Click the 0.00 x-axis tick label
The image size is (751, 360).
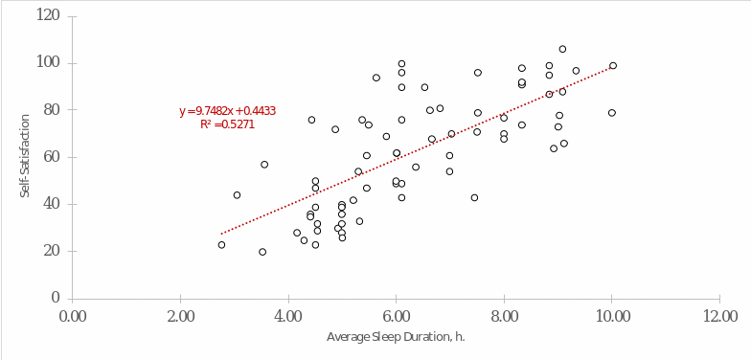(x=72, y=316)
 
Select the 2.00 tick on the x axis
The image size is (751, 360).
(x=180, y=316)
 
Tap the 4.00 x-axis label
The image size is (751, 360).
(x=288, y=316)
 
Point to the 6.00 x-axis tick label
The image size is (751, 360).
(x=397, y=316)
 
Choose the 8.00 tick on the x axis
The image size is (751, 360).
(x=504, y=316)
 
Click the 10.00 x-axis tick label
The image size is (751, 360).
(x=612, y=316)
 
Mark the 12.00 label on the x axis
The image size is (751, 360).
(x=720, y=316)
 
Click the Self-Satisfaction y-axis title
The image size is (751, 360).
(x=26, y=157)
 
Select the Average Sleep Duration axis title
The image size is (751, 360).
(x=396, y=337)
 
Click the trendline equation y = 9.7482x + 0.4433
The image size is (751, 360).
(x=227, y=111)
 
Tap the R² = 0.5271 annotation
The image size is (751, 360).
(x=227, y=124)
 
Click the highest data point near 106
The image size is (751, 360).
(x=562, y=49)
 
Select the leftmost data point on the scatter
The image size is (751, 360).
(x=221, y=245)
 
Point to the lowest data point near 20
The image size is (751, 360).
(x=262, y=252)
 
